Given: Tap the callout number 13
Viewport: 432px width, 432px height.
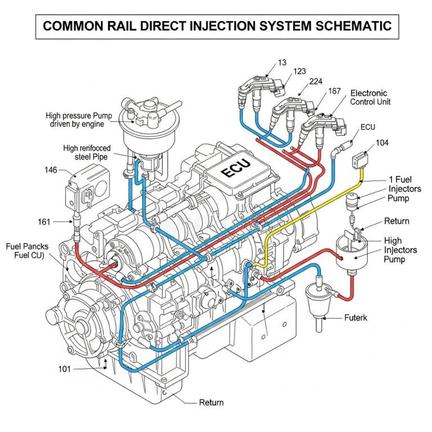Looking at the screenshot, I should coord(282,62).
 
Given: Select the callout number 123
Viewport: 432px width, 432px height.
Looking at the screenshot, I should coord(300,71).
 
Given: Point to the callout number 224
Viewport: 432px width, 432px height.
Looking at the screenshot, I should coord(316,82).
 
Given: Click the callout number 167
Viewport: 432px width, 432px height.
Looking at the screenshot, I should coord(334,91).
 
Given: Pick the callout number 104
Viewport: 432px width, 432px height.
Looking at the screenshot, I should coord(382,143).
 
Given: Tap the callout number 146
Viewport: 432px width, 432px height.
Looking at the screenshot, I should coord(51,169).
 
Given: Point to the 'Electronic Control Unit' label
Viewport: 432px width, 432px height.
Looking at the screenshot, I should coord(370,97).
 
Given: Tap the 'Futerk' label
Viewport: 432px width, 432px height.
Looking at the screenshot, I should coord(355,318).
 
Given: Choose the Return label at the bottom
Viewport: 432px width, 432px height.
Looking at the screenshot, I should coord(211,402).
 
